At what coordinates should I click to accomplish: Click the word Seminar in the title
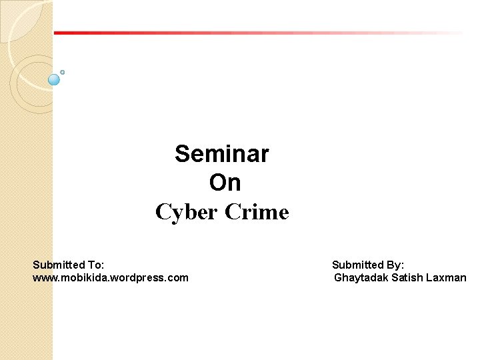click(222, 154)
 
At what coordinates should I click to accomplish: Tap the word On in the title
click(225, 183)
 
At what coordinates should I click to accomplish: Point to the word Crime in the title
click(257, 212)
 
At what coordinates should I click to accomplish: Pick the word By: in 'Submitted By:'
click(393, 265)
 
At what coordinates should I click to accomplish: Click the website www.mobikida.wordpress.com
click(111, 277)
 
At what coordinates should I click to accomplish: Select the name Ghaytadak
click(361, 277)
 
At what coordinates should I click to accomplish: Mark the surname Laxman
click(447, 277)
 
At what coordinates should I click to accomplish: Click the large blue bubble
click(55, 79)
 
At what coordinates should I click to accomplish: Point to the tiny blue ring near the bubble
click(62, 71)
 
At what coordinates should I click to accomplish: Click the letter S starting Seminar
click(182, 154)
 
